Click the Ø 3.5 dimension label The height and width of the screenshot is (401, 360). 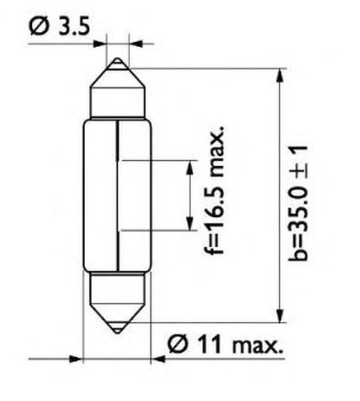pyautogui.click(x=60, y=26)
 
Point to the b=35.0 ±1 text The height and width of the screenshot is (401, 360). pyautogui.click(x=298, y=203)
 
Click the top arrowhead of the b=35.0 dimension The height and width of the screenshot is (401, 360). pyautogui.click(x=280, y=75)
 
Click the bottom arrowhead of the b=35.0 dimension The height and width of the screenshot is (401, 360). pyautogui.click(x=280, y=316)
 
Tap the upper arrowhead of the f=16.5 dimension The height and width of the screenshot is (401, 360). pyautogui.click(x=190, y=168)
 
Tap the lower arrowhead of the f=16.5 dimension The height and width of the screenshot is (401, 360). pyautogui.click(x=190, y=224)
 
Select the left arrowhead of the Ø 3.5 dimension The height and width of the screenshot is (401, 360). pyautogui.click(x=99, y=44)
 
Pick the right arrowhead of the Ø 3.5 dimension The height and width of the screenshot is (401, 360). pyautogui.click(x=136, y=44)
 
